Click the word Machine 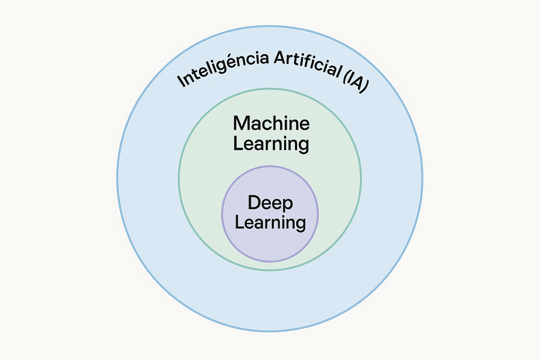pos(271,123)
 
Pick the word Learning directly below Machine pos(271,144)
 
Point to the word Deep pos(270,203)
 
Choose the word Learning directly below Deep pos(270,223)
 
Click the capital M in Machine pos(242,123)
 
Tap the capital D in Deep pos(254,202)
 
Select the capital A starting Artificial pos(280,58)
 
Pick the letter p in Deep pos(288,204)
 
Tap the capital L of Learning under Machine pos(238,143)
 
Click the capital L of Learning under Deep pos(239,222)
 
